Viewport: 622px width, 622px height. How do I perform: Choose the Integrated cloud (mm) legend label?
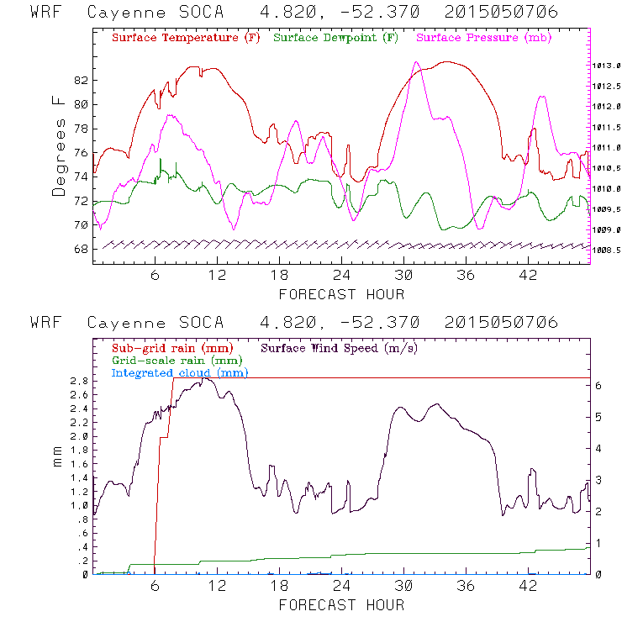(x=180, y=372)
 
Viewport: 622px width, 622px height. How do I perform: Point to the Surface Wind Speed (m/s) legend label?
(x=340, y=347)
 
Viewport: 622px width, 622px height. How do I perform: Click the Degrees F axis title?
(x=58, y=146)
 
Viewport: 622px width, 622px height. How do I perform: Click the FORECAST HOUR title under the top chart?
(x=341, y=294)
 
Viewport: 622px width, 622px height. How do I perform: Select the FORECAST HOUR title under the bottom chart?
(x=341, y=605)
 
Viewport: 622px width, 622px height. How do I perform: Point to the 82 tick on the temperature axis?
(x=81, y=81)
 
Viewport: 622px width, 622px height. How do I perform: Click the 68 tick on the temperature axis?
(x=81, y=250)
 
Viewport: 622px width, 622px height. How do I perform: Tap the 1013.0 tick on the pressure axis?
(x=606, y=66)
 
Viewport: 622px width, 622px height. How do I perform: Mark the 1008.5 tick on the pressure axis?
(x=606, y=250)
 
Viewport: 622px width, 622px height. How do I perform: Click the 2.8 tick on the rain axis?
(x=78, y=381)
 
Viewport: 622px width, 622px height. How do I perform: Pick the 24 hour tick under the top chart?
(x=341, y=276)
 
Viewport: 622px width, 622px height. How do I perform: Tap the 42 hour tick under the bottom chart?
(x=528, y=587)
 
